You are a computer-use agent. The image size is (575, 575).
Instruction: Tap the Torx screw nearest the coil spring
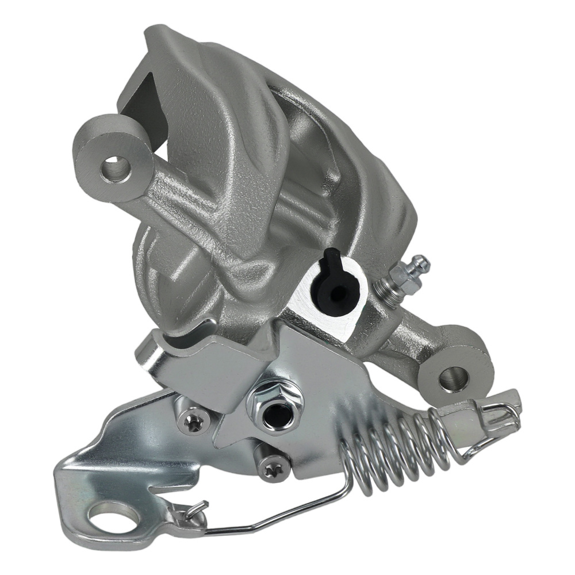pyautogui.click(x=269, y=469)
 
